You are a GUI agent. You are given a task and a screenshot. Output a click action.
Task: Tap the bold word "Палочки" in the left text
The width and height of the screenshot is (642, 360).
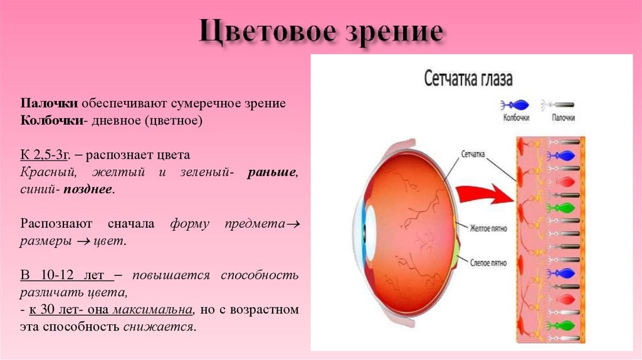pyautogui.click(x=43, y=103)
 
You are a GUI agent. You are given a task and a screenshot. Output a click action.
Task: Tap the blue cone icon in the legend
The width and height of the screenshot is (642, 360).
pyautogui.click(x=515, y=105)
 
